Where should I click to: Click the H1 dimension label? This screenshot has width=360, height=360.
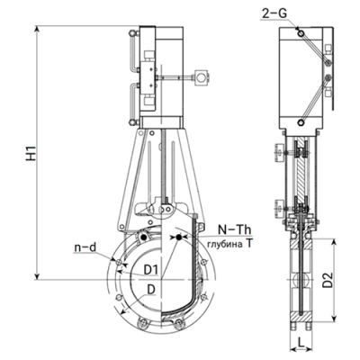31,153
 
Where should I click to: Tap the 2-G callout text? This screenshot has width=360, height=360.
274,13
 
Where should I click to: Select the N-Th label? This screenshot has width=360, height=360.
234,229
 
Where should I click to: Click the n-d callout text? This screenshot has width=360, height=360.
85,247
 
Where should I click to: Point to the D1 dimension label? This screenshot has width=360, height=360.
150,270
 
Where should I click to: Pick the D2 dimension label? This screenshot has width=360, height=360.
328,280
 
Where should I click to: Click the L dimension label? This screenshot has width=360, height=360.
301,341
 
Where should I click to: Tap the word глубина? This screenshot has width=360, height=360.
225,244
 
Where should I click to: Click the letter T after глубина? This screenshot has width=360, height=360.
248,244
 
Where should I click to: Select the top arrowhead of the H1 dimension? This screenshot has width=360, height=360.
37,29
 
